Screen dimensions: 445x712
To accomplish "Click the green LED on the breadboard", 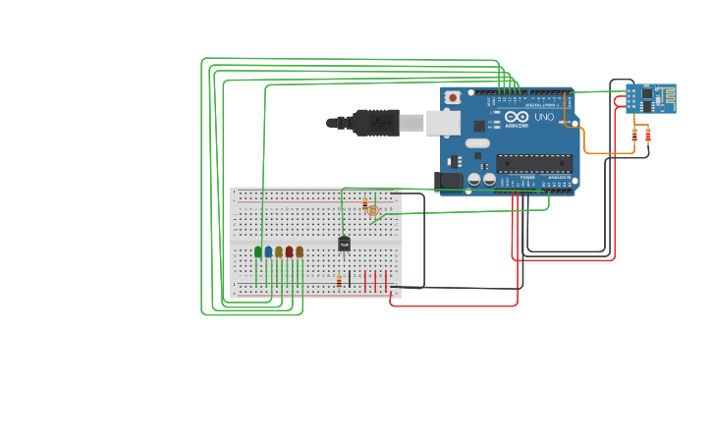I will click(x=258, y=251).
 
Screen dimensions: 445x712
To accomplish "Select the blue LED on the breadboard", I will click(x=268, y=251).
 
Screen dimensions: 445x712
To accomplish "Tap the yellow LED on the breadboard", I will click(x=279, y=251).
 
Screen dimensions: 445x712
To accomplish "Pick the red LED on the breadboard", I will click(x=289, y=251).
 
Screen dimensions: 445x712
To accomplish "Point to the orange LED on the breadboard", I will click(x=300, y=251).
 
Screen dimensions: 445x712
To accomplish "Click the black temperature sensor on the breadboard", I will click(x=344, y=244).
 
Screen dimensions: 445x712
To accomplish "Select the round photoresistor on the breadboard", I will click(x=372, y=210).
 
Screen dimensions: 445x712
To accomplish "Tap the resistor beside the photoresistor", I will click(x=364, y=202).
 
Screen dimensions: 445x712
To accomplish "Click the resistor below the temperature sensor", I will click(x=339, y=281).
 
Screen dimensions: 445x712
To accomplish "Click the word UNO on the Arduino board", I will click(x=543, y=117).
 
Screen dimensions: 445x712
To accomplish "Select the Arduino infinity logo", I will click(x=517, y=117).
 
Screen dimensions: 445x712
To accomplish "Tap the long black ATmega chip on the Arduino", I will click(x=533, y=163).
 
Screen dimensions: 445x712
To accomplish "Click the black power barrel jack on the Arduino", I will click(x=450, y=180).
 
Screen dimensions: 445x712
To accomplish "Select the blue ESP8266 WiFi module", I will click(x=650, y=98).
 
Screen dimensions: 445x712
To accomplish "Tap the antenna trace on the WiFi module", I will click(x=667, y=95).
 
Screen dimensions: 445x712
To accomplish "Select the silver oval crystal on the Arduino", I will click(x=477, y=143).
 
